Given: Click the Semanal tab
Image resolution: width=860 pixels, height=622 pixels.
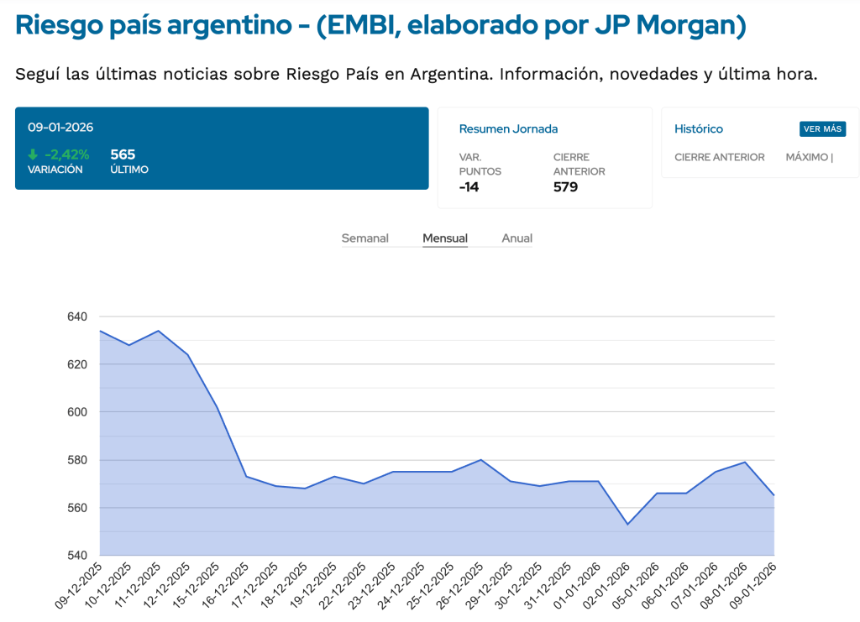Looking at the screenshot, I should [x=364, y=238].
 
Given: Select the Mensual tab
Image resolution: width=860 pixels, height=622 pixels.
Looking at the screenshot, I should [x=445, y=238].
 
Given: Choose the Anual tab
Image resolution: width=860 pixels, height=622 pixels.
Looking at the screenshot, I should [x=517, y=238].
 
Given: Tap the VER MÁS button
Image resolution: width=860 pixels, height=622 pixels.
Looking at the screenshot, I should [x=822, y=129].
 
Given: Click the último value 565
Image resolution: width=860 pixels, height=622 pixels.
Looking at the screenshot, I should [x=123, y=154].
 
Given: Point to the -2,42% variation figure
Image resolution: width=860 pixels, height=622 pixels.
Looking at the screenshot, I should [x=66, y=154].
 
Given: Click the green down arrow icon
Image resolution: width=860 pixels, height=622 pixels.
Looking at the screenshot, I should [x=33, y=154].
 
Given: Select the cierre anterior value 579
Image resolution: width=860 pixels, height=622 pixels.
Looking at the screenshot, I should [x=565, y=187].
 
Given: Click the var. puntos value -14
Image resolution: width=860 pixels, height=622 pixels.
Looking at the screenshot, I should [x=469, y=187].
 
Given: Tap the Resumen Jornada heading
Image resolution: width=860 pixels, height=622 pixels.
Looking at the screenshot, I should [x=508, y=129].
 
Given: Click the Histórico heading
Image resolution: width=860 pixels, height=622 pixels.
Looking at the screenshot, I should [x=699, y=129].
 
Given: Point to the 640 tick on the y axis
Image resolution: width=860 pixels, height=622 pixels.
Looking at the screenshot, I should [x=76, y=316].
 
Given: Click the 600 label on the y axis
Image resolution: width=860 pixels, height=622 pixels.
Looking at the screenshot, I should [x=76, y=412].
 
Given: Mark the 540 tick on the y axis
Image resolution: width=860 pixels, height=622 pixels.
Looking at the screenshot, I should [x=76, y=556].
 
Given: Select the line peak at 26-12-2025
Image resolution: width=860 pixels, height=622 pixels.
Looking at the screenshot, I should [x=480, y=460].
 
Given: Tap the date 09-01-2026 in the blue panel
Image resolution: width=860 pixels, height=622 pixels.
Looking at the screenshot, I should [x=60, y=128].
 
